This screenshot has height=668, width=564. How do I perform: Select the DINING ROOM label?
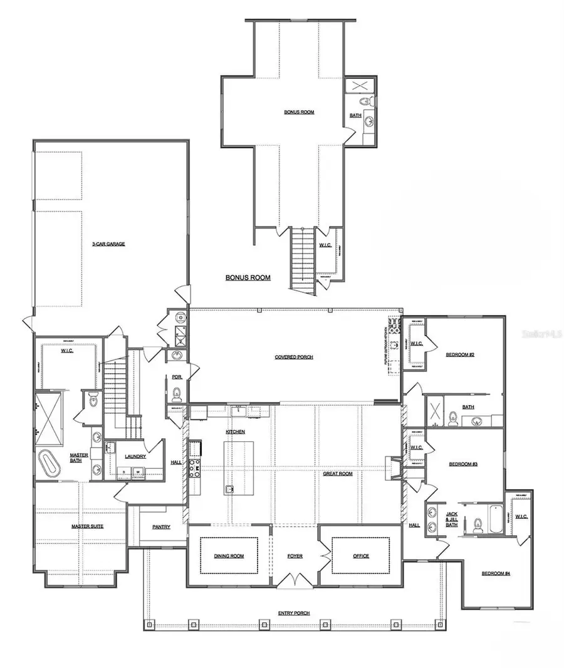coord(229,556)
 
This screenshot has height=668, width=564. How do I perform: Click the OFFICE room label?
coord(361,556)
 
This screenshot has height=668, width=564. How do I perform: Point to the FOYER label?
coord(295,556)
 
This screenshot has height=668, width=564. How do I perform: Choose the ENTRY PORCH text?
coord(294,613)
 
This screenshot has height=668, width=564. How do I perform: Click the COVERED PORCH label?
coord(294,357)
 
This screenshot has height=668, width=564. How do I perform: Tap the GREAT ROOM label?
coord(338,474)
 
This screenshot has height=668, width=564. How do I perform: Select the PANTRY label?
coord(161,527)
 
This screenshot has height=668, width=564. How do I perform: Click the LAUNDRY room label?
coord(135,456)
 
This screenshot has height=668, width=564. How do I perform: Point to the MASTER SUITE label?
coord(87,526)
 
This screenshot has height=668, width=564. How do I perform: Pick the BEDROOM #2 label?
coord(460,354)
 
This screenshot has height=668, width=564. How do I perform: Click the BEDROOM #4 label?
coord(496,573)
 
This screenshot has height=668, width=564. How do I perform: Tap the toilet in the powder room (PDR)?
coord(176,394)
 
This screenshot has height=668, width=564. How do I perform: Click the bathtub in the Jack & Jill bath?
coord(495,520)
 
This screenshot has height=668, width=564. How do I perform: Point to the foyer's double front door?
coord(295,580)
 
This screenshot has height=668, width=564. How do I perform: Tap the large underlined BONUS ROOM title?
coord(248,277)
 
